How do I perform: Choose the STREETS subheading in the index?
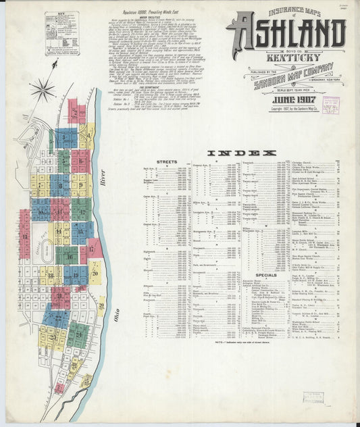[166, 162]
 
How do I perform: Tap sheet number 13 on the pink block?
[25, 236]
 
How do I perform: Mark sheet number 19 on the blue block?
[74, 276]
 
